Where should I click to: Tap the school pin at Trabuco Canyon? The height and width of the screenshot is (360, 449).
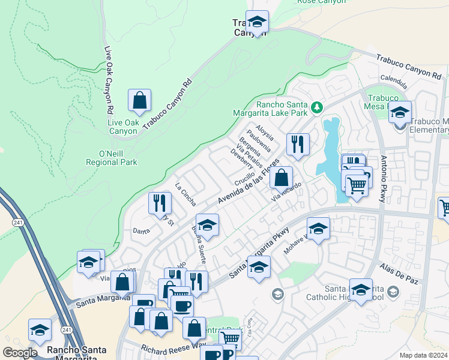pos(257,22)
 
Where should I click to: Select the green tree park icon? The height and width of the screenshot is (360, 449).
pos(316,109)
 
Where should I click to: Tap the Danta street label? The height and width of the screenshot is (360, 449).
pos(141,230)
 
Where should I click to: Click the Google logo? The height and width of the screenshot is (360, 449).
pos(20,353)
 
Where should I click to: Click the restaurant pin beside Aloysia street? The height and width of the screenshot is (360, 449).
pos(298,145)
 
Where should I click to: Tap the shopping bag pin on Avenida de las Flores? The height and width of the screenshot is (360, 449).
pos(281,178)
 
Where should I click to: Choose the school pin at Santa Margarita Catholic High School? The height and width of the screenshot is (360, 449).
pos(361,290)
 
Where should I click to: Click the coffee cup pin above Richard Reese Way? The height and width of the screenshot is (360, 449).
pos(182,305)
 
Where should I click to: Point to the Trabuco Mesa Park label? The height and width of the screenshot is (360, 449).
pos(383,103)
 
